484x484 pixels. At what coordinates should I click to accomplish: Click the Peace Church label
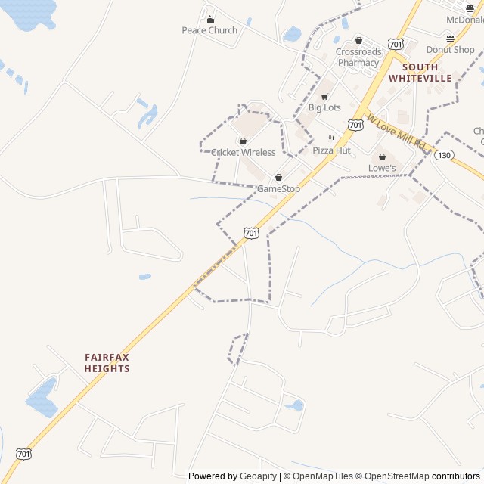coord(209,30)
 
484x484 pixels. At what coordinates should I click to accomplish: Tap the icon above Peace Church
coord(209,19)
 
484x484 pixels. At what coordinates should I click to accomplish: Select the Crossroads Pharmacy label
coord(358,57)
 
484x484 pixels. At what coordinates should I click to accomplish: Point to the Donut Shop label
coord(450,50)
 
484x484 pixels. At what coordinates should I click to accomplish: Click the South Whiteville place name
coord(420,73)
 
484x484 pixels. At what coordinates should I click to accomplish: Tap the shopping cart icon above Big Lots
coord(324,97)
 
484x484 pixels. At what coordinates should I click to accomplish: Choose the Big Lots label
coord(324,107)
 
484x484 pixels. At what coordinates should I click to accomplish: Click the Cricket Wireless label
coord(244,152)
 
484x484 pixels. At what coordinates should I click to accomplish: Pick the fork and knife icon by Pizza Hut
coord(331,139)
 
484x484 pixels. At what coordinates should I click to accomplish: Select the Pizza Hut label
coord(331,150)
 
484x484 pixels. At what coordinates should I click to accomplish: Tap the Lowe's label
coord(382,168)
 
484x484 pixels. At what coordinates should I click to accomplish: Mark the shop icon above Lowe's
coord(382,157)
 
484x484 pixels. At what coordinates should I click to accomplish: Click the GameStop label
coord(278,188)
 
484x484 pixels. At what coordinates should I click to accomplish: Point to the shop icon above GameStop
coord(278,178)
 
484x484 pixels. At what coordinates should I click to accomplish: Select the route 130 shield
coord(444,154)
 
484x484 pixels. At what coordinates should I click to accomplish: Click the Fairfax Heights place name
coord(107,363)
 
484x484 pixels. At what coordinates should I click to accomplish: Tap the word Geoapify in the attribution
coord(259,476)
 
